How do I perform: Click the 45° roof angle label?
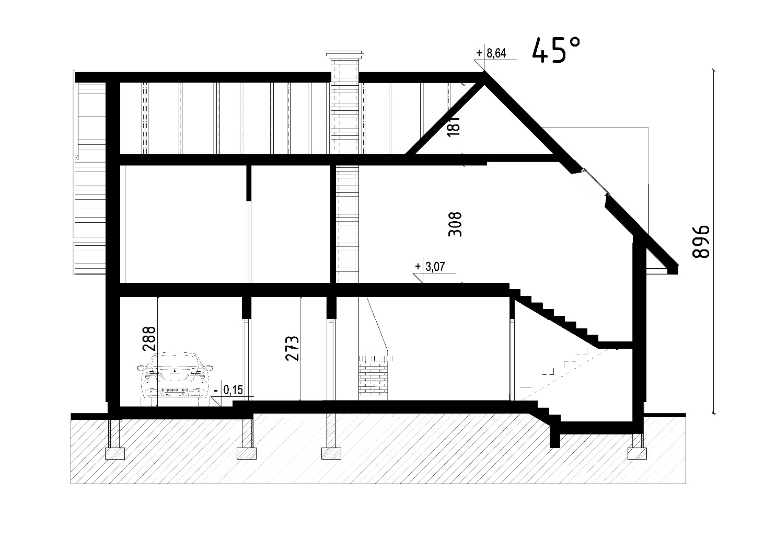coord(555,51)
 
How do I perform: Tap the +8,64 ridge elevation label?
coord(491,53)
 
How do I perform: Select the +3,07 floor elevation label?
coord(430,267)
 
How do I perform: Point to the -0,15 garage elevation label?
coord(229,390)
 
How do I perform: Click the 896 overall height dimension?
coord(700,242)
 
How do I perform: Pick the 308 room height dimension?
coord(455,225)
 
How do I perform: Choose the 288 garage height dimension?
coord(149,339)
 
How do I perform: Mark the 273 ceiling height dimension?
coord(292,348)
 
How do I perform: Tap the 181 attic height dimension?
coord(454,125)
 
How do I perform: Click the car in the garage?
coord(175,379)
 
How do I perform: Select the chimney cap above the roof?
coord(345,55)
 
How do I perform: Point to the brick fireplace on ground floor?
coord(373,378)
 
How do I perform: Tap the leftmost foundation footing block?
coord(114,453)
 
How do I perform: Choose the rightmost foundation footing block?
coord(637,453)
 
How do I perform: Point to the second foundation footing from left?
coord(247,453)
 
